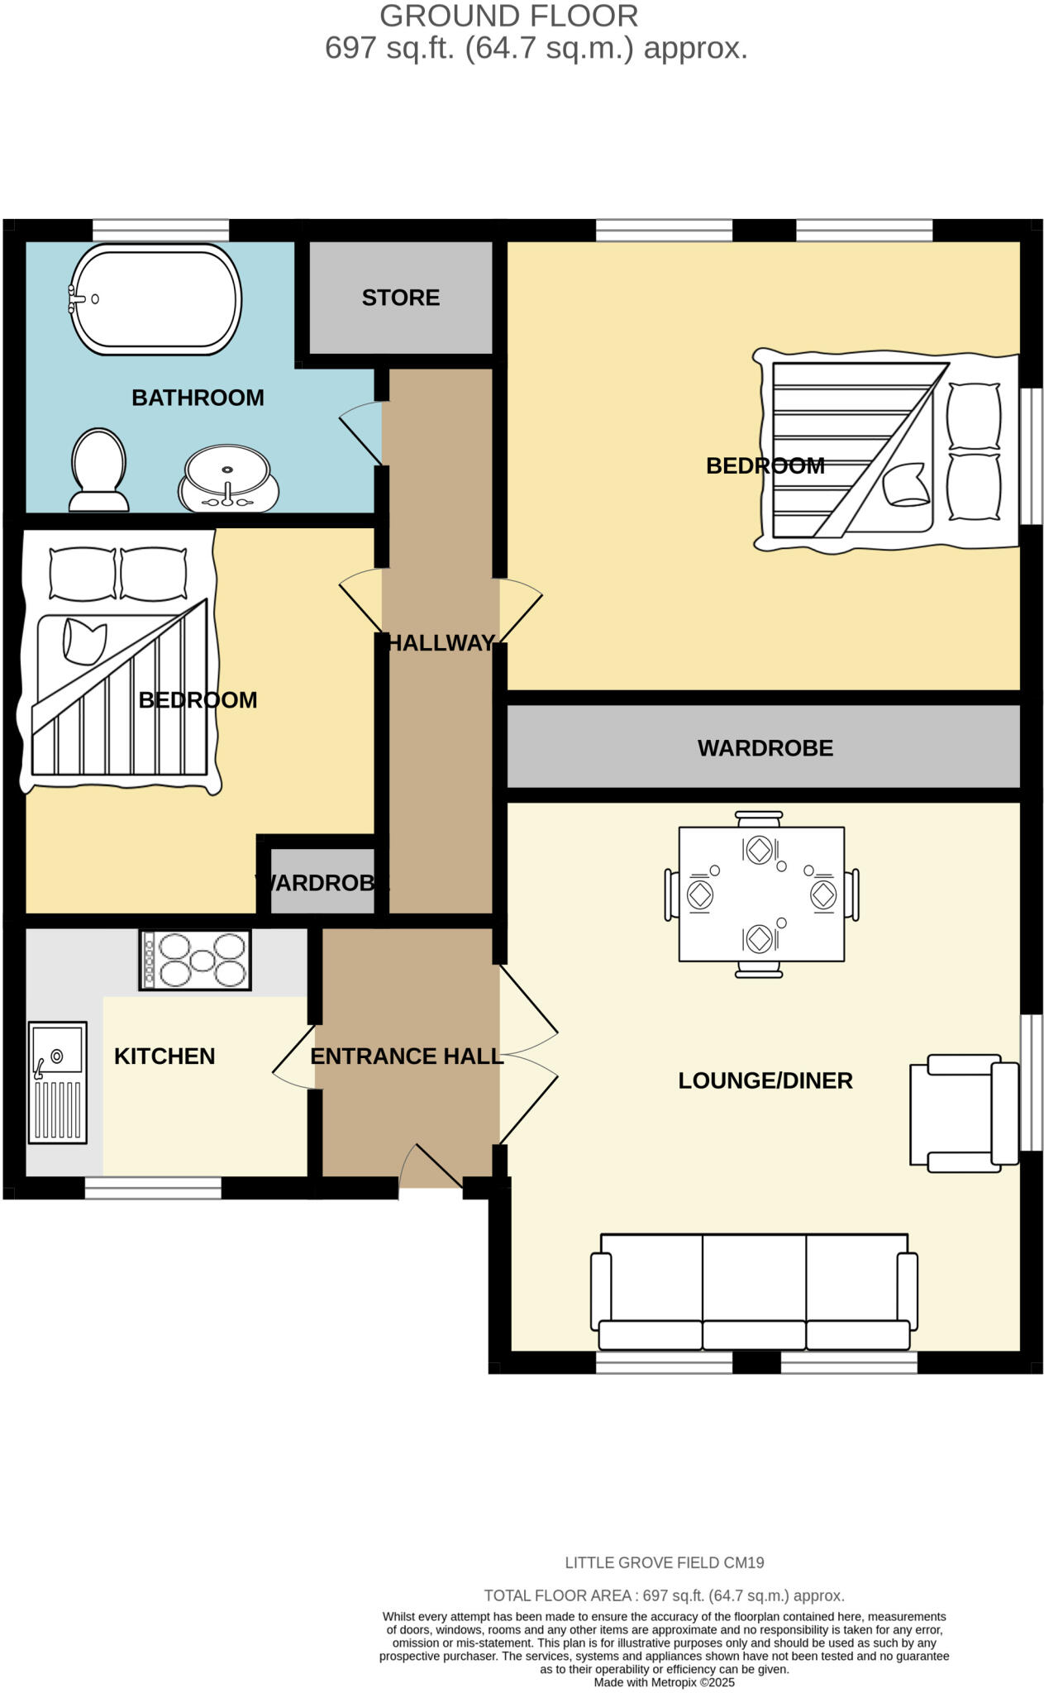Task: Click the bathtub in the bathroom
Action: point(156,299)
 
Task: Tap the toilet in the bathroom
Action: point(99,470)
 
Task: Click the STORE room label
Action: point(400,298)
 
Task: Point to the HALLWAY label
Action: point(441,643)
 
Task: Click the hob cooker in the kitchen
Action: point(195,960)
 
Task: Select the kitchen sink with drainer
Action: point(58,1082)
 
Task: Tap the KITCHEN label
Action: point(164,1056)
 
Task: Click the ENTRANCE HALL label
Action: point(406,1056)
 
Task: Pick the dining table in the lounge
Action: point(761,894)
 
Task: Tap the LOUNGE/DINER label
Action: point(765,1080)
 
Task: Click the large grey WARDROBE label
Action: point(765,748)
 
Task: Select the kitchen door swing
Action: point(293,1056)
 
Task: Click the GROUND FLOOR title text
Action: point(508,16)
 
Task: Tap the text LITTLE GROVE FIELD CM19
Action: point(664,1562)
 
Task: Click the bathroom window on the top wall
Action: point(160,230)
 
